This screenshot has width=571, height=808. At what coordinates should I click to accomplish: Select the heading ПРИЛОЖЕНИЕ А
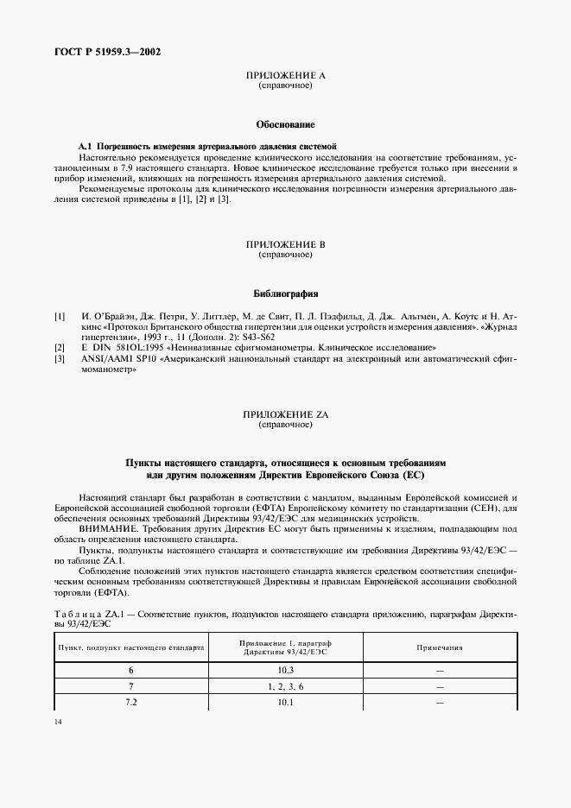click(x=285, y=77)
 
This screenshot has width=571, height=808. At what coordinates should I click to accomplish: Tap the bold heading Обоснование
click(x=285, y=125)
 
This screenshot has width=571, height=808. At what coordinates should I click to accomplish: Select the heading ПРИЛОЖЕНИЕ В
click(x=285, y=244)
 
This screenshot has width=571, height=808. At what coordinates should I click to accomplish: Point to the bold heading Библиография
click(x=285, y=294)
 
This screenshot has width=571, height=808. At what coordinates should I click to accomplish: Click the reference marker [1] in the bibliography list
click(x=60, y=317)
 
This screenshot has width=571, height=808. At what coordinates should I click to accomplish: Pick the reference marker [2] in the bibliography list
click(x=60, y=346)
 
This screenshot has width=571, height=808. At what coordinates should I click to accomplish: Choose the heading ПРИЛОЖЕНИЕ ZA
click(x=285, y=415)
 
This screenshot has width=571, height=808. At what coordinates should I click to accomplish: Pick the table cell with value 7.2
click(x=131, y=703)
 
